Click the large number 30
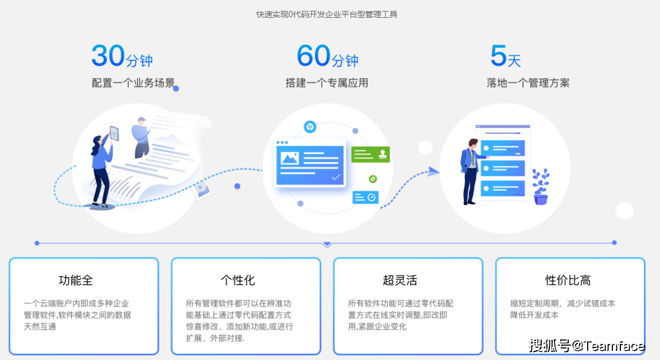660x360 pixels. (x=108, y=56)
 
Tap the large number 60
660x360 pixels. (x=313, y=56)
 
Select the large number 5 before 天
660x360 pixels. (x=498, y=56)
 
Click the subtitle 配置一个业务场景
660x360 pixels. (x=133, y=83)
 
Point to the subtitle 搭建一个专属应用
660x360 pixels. (x=327, y=83)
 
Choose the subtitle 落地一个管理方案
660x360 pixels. (x=528, y=83)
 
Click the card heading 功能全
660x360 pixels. (x=76, y=280)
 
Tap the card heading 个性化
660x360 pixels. (x=238, y=280)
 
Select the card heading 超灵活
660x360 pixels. (x=400, y=280)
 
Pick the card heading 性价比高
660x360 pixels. (x=568, y=280)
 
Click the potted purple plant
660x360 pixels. (x=541, y=187)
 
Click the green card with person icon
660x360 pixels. (x=370, y=154)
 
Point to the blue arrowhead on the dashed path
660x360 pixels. (x=433, y=171)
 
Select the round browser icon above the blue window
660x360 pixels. (x=310, y=127)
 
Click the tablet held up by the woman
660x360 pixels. (x=114, y=133)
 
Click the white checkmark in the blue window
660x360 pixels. (x=336, y=177)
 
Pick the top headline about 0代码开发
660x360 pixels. (x=327, y=14)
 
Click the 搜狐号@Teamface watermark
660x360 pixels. (x=587, y=346)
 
